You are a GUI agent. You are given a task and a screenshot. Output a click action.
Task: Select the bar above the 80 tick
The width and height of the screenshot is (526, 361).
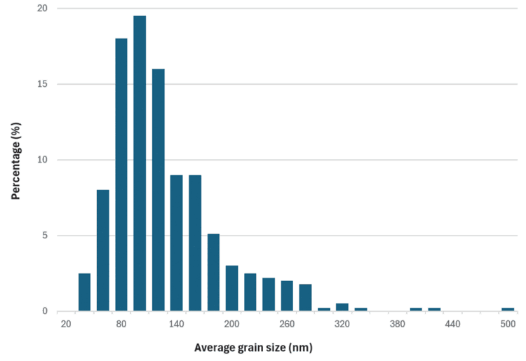click(121, 175)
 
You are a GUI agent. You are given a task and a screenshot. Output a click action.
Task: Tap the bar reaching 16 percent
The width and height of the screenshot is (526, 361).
click(158, 189)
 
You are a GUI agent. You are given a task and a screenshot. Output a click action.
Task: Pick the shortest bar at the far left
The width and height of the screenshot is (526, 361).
click(85, 292)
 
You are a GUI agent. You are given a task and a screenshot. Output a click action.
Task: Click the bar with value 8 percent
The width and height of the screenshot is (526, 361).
click(103, 250)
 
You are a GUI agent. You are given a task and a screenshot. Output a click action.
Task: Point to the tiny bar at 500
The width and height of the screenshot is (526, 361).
click(508, 309)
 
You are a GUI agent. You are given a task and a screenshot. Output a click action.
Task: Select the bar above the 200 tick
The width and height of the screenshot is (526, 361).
click(231, 288)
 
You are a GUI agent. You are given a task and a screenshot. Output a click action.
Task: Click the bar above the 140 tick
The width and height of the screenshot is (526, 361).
click(176, 243)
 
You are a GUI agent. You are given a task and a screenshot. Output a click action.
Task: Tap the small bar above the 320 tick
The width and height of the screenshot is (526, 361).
click(342, 307)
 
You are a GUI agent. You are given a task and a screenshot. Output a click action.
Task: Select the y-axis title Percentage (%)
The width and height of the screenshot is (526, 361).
click(15, 161)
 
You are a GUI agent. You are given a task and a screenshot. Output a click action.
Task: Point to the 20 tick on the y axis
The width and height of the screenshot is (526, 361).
click(43, 8)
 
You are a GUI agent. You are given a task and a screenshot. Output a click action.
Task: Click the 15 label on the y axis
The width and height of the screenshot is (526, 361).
click(43, 84)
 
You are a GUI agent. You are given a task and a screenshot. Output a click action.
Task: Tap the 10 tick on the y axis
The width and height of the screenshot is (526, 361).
click(43, 160)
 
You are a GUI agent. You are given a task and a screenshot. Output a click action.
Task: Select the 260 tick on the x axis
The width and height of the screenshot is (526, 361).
click(287, 324)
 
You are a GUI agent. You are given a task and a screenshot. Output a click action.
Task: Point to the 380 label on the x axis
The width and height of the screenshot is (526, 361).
click(397, 324)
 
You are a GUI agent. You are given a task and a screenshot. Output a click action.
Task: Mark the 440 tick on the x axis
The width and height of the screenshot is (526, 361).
click(452, 324)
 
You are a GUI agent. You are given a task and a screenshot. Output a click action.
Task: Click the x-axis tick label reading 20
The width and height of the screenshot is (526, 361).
click(67, 324)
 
